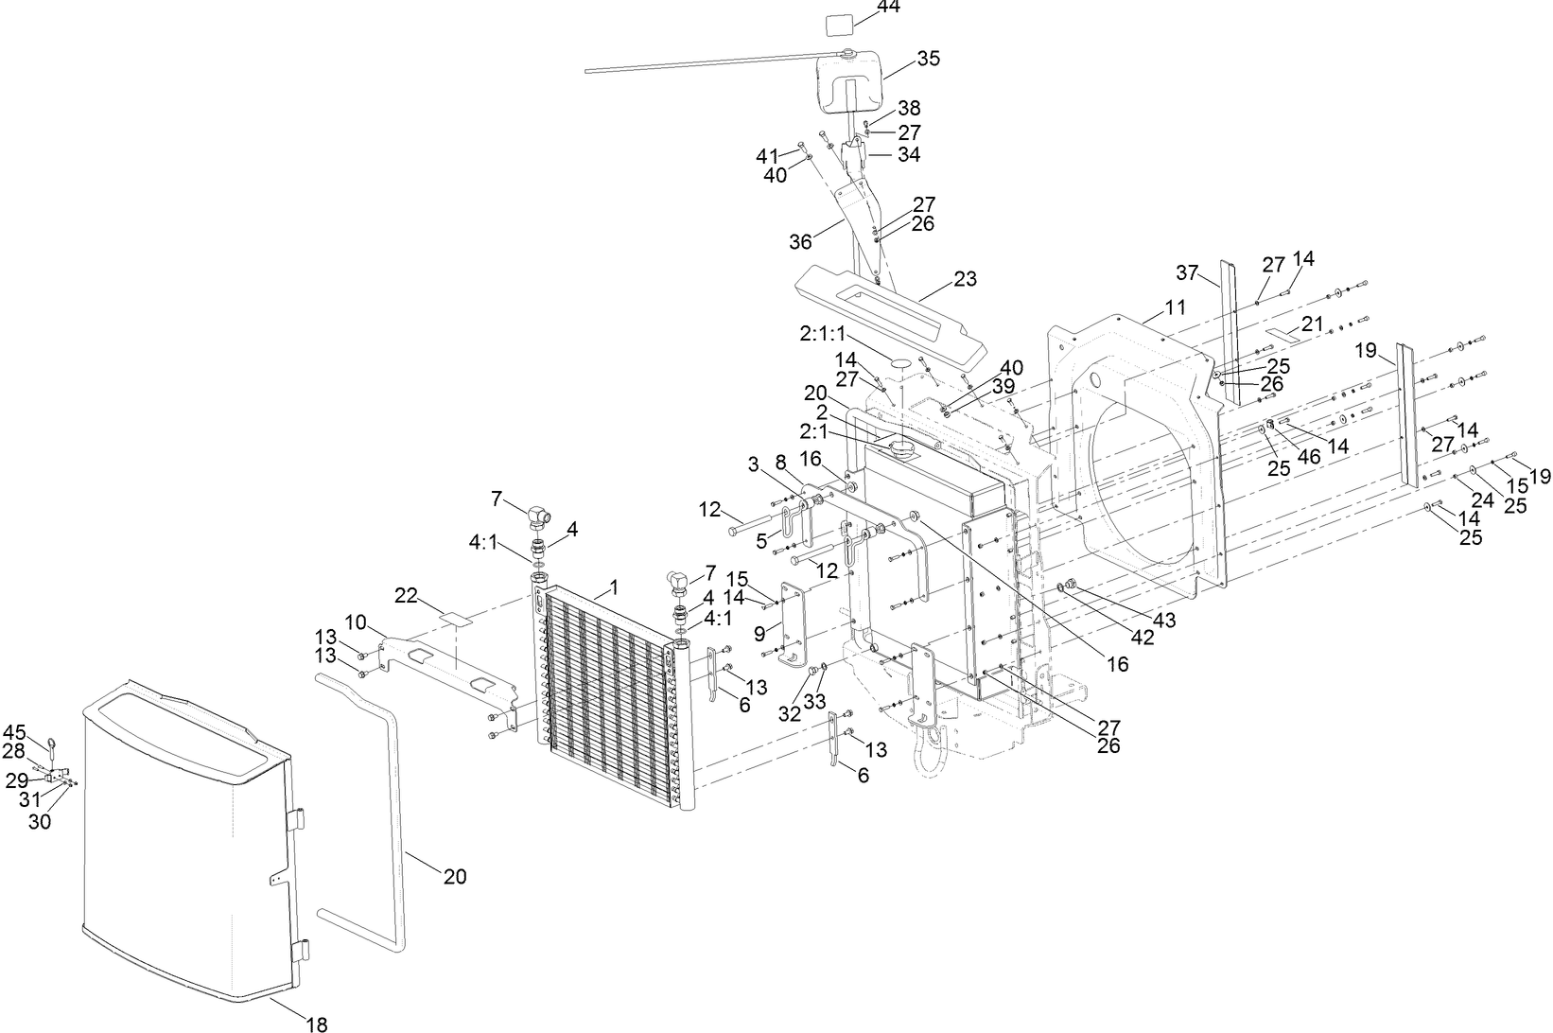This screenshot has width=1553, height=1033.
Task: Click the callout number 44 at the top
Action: tap(888, 7)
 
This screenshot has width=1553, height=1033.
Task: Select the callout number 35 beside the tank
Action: tap(928, 59)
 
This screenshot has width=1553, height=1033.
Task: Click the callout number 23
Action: tap(965, 280)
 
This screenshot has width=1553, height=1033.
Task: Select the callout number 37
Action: tap(1187, 273)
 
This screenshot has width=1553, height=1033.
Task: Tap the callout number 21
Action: tap(1311, 324)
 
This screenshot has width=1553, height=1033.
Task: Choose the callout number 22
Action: tap(406, 594)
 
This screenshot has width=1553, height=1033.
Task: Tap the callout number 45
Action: tap(14, 731)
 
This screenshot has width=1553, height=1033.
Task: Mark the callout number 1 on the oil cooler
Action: tap(613, 587)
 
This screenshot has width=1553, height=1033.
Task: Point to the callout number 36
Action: tap(800, 242)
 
